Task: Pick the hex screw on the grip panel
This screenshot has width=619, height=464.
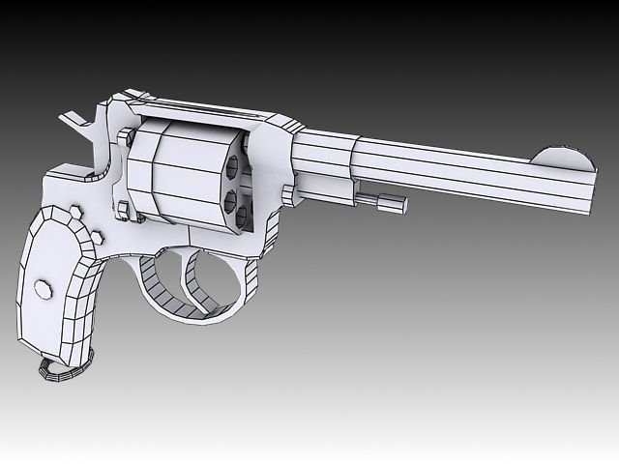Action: point(44,288)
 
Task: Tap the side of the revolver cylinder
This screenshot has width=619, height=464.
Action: point(179,174)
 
